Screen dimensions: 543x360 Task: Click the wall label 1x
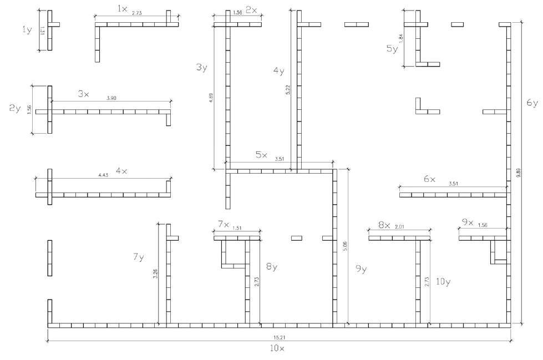click(123, 9)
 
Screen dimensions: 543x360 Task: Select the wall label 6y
click(532, 103)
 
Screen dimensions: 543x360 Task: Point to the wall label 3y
click(201, 68)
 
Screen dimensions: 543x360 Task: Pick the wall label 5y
click(392, 49)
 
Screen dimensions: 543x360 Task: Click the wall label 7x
click(224, 224)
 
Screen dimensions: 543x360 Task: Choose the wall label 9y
click(361, 269)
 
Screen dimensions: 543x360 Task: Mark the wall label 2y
click(15, 109)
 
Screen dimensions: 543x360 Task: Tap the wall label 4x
click(121, 171)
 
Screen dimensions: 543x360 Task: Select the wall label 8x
click(384, 225)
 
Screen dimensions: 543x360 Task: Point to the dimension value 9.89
click(519, 172)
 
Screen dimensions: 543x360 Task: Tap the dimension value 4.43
click(103, 175)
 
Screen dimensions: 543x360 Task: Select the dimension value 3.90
click(111, 98)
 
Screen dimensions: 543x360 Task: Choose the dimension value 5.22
click(288, 89)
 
